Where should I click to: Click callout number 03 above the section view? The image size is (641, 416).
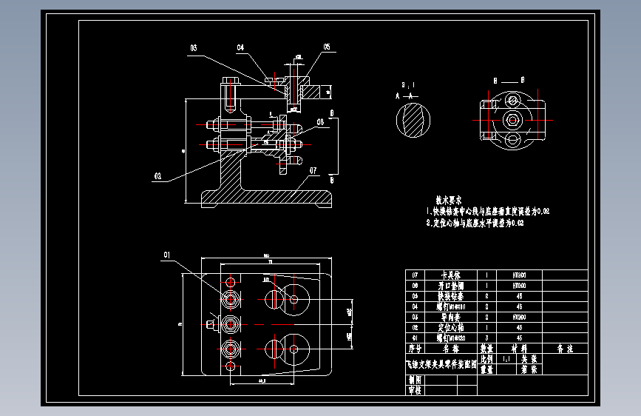coord(193,48)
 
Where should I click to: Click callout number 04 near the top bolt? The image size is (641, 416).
coord(241,48)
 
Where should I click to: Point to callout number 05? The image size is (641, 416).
coord(326,47)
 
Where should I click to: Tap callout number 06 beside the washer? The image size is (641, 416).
coord(321,122)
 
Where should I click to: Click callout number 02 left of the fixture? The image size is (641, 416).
coord(157,177)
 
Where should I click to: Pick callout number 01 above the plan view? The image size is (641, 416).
coord(166,255)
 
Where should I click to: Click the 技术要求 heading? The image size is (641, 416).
coord(449,200)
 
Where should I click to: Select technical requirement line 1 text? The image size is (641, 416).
coord(488,212)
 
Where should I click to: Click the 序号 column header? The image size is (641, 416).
coord(415,347)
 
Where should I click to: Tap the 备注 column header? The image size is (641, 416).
coord(565,347)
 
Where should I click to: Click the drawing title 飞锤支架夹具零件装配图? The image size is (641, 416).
coord(441,363)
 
